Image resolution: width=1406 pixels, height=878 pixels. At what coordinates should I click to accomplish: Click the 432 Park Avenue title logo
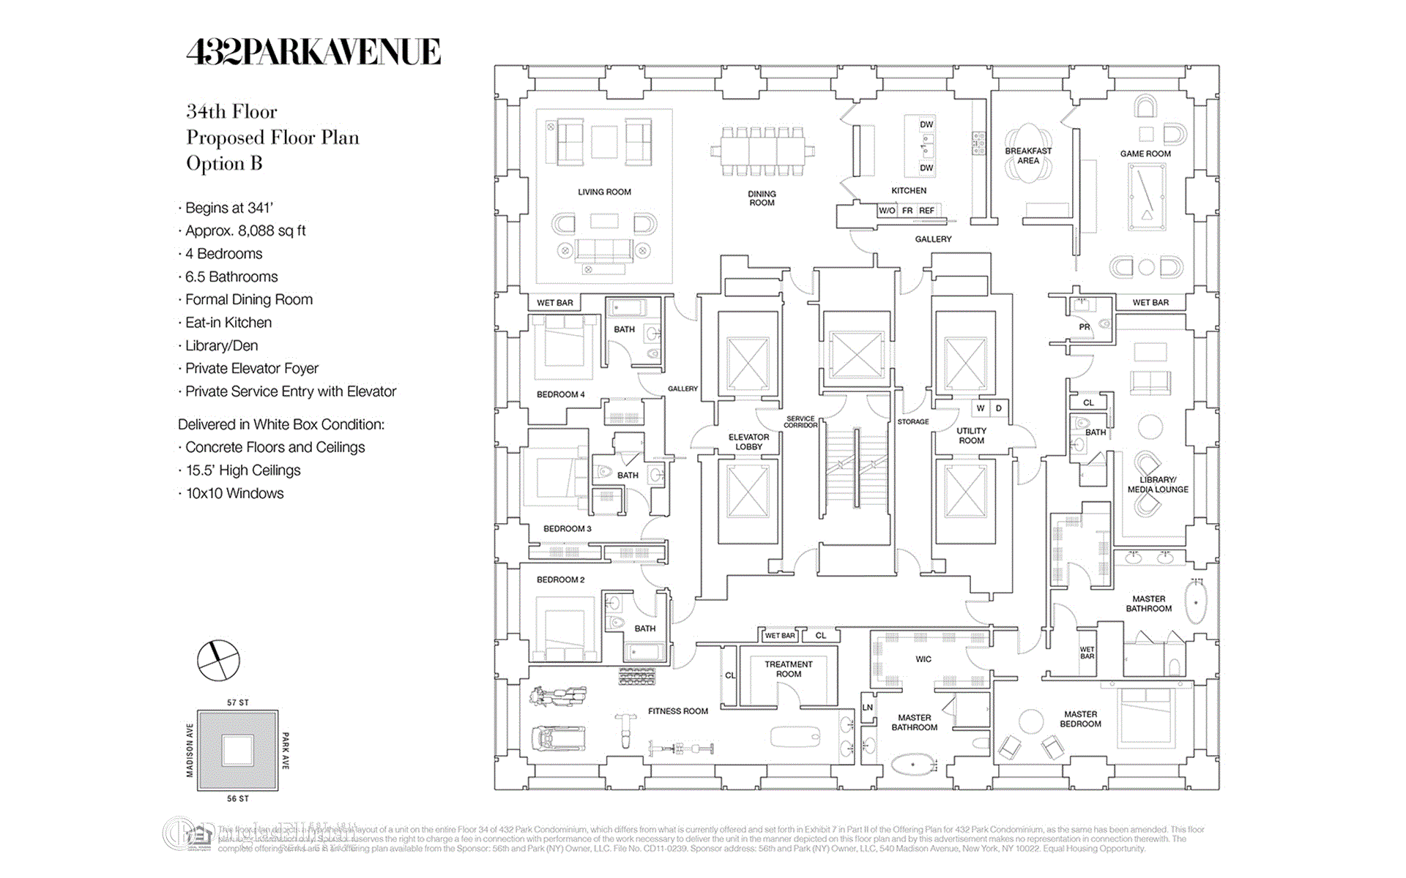(313, 52)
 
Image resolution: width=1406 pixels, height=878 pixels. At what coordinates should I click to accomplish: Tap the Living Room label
(604, 192)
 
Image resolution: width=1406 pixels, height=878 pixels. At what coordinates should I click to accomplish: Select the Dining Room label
(762, 198)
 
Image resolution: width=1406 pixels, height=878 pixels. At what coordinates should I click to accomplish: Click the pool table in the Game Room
(1147, 197)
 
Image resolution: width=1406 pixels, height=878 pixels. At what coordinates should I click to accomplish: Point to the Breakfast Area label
(1028, 156)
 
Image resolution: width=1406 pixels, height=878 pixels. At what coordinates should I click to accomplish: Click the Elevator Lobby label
(748, 442)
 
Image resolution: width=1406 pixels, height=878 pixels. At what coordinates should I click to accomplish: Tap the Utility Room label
(971, 436)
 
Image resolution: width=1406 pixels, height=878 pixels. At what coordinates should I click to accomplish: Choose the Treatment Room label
(789, 669)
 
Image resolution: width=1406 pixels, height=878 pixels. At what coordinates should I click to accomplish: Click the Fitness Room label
(678, 711)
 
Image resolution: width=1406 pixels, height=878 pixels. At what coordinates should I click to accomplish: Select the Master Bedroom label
(1080, 719)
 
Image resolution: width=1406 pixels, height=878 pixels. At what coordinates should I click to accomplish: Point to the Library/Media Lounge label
(1158, 485)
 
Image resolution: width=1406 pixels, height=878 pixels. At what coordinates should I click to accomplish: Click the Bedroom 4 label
(560, 395)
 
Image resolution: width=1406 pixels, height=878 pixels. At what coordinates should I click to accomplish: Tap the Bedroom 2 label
(560, 580)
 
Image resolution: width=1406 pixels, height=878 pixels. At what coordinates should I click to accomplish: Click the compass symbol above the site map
(218, 660)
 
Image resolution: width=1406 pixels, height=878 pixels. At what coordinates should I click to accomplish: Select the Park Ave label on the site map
(286, 751)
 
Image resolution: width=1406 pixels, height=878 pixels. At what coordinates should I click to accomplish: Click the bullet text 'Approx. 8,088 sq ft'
(245, 231)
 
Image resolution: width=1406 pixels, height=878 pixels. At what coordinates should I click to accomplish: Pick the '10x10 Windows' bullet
(234, 494)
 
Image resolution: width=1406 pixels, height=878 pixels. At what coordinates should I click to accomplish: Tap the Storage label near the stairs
(913, 422)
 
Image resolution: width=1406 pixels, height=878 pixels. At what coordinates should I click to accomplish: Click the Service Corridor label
(800, 422)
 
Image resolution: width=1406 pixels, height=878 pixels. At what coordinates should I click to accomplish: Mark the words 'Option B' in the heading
(224, 164)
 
